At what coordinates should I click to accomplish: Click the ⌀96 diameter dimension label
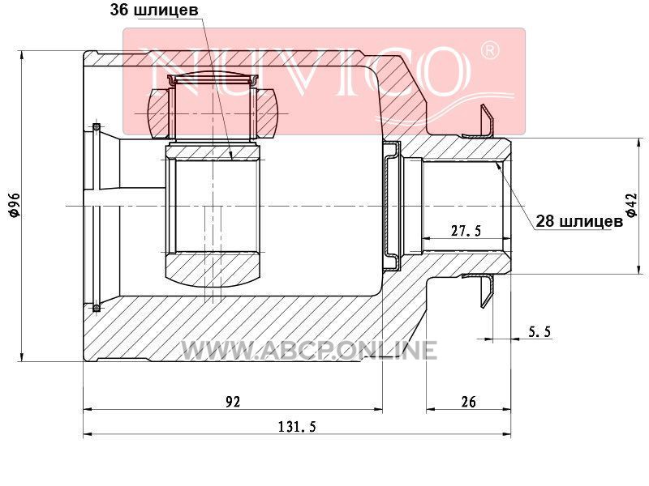pyautogui.click(x=14, y=205)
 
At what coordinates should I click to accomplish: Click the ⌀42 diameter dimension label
pyautogui.click(x=631, y=205)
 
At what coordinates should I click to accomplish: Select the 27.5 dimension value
pyautogui.click(x=466, y=231)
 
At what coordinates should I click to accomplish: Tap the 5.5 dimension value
pyautogui.click(x=539, y=331)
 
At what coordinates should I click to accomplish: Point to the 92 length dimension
pyautogui.click(x=233, y=401)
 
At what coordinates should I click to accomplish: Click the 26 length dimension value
pyautogui.click(x=468, y=401)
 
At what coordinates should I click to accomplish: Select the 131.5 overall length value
pyautogui.click(x=297, y=426)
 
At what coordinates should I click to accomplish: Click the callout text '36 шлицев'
pyautogui.click(x=154, y=10)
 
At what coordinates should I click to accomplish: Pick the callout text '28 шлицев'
pyautogui.click(x=579, y=221)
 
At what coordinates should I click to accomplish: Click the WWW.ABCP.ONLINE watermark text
pyautogui.click(x=309, y=350)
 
